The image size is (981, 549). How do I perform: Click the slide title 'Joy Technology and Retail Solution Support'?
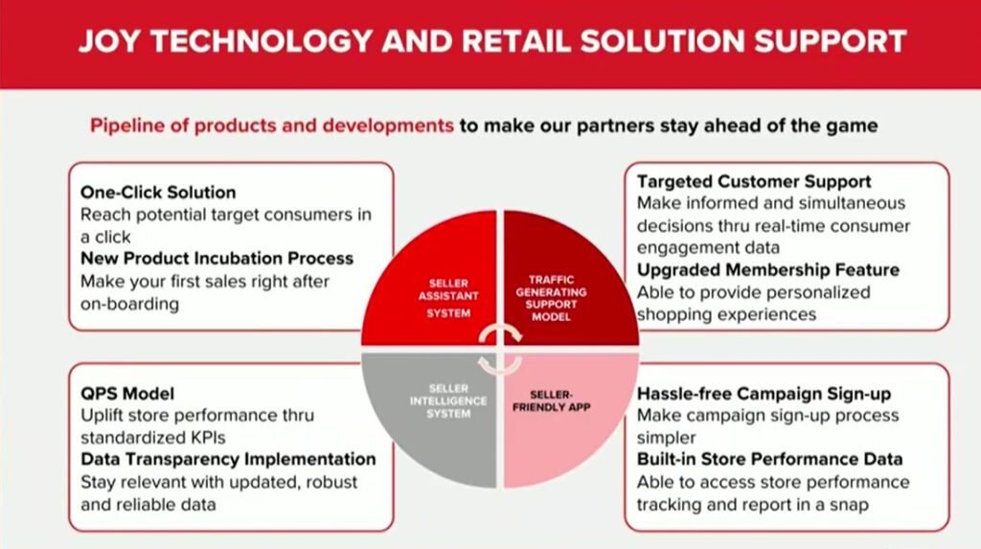492,41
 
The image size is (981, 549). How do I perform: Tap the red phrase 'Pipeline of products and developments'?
271,126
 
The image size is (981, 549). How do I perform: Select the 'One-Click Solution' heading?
158,193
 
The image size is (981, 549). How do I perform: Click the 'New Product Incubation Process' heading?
217,259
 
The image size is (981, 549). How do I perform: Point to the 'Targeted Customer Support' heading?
754,181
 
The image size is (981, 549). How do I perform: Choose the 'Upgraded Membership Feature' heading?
768,270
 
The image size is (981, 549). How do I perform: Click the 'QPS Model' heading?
127,394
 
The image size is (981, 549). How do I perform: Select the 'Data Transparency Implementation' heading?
228,460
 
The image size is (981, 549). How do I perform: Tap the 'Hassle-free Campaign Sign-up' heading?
764,394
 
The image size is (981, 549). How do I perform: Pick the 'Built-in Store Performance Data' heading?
769,460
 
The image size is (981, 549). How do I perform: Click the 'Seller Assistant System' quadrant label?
448,298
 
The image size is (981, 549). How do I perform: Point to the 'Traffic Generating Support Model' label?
551,298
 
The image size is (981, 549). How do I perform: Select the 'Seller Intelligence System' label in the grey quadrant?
448,400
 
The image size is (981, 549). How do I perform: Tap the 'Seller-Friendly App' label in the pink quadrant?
551,400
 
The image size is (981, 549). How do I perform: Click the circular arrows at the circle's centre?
500,350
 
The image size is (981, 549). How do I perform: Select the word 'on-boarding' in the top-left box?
130,305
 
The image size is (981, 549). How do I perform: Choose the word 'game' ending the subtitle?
851,126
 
